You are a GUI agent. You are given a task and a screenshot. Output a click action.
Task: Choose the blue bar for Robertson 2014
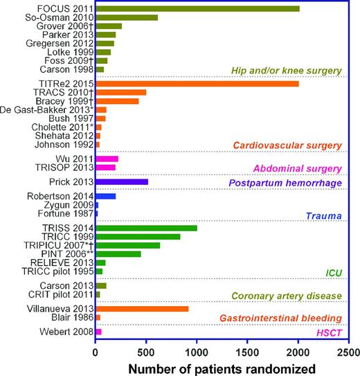[105, 197]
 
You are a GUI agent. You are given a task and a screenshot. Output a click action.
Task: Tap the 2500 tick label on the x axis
[348, 351]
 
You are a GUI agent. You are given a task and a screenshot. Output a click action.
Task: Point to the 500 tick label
[146, 351]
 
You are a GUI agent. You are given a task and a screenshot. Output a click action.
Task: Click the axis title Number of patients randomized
[222, 367]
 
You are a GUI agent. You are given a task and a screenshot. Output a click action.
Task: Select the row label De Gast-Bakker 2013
[46, 110]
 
